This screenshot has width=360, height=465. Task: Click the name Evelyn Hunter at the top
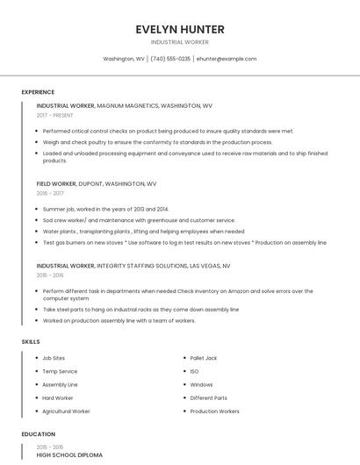pyautogui.click(x=179, y=29)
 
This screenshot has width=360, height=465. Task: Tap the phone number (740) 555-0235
pyautogui.click(x=170, y=59)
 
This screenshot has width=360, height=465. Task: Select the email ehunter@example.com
pyautogui.click(x=227, y=59)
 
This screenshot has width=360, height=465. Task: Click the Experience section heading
pyautogui.click(x=38, y=92)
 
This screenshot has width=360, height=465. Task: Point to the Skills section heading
pyautogui.click(x=31, y=340)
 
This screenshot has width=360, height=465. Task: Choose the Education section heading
pyautogui.click(x=38, y=434)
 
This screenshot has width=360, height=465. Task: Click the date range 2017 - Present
pyautogui.click(x=54, y=115)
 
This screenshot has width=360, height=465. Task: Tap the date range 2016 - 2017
pyautogui.click(x=50, y=193)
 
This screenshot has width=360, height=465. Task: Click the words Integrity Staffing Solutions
pyautogui.click(x=141, y=265)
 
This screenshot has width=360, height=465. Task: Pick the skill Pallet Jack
pyautogui.click(x=204, y=358)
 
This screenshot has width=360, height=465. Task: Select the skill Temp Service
pyautogui.click(x=60, y=371)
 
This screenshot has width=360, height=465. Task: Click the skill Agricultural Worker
pyautogui.click(x=66, y=411)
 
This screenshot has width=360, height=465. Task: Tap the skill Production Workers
pyautogui.click(x=214, y=411)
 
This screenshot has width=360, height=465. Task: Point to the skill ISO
pyautogui.click(x=194, y=371)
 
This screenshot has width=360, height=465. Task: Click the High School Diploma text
pyautogui.click(x=69, y=455)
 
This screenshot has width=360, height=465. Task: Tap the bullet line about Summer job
pyautogui.click(x=105, y=209)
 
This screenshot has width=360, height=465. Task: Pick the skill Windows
pyautogui.click(x=201, y=384)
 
